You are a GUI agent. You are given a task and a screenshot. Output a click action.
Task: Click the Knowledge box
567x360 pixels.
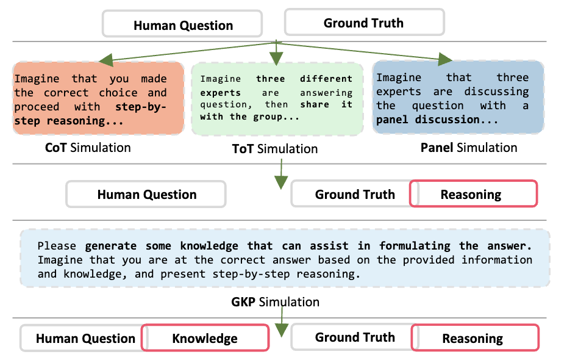click(x=205, y=338)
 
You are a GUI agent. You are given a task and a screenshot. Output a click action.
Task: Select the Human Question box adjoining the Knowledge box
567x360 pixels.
click(x=85, y=339)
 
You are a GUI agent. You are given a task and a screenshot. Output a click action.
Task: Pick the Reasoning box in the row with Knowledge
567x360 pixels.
click(x=472, y=338)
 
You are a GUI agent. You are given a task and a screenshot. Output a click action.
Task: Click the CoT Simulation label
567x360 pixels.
click(x=88, y=147)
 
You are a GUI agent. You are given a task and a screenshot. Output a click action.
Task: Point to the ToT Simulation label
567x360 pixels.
click(x=275, y=148)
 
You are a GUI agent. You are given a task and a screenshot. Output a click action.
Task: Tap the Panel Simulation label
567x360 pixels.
click(x=469, y=147)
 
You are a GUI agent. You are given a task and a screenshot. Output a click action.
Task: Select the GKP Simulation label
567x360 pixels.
click(x=275, y=302)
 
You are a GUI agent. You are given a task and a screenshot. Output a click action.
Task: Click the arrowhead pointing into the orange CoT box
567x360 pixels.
click(x=108, y=60)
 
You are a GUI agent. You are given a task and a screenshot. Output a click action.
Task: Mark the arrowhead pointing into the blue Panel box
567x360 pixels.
click(x=444, y=59)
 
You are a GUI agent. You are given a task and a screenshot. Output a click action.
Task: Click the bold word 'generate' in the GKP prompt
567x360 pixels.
click(x=107, y=246)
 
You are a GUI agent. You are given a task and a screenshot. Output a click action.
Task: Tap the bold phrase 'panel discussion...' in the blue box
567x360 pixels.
click(x=428, y=120)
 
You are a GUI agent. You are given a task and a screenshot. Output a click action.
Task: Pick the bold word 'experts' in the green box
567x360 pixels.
click(x=220, y=93)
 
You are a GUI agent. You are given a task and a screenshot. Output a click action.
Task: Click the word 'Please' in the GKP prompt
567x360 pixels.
click(x=57, y=246)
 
